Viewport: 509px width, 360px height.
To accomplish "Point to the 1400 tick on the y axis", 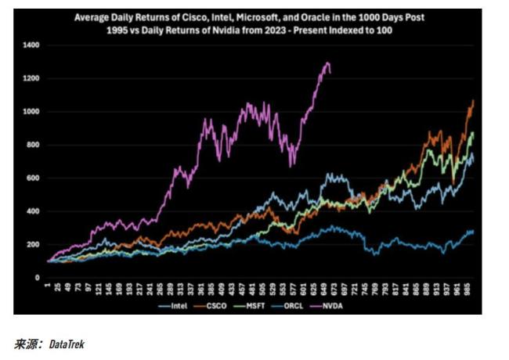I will (x=31, y=46).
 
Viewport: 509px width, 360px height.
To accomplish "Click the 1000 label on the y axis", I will (x=31, y=112).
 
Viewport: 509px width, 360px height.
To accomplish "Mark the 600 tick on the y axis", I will (x=33, y=178).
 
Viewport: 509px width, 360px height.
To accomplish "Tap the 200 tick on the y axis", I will (x=33, y=244).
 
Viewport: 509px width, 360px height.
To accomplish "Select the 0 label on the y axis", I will (x=37, y=278).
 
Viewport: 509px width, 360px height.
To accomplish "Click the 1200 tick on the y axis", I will (x=31, y=79).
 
